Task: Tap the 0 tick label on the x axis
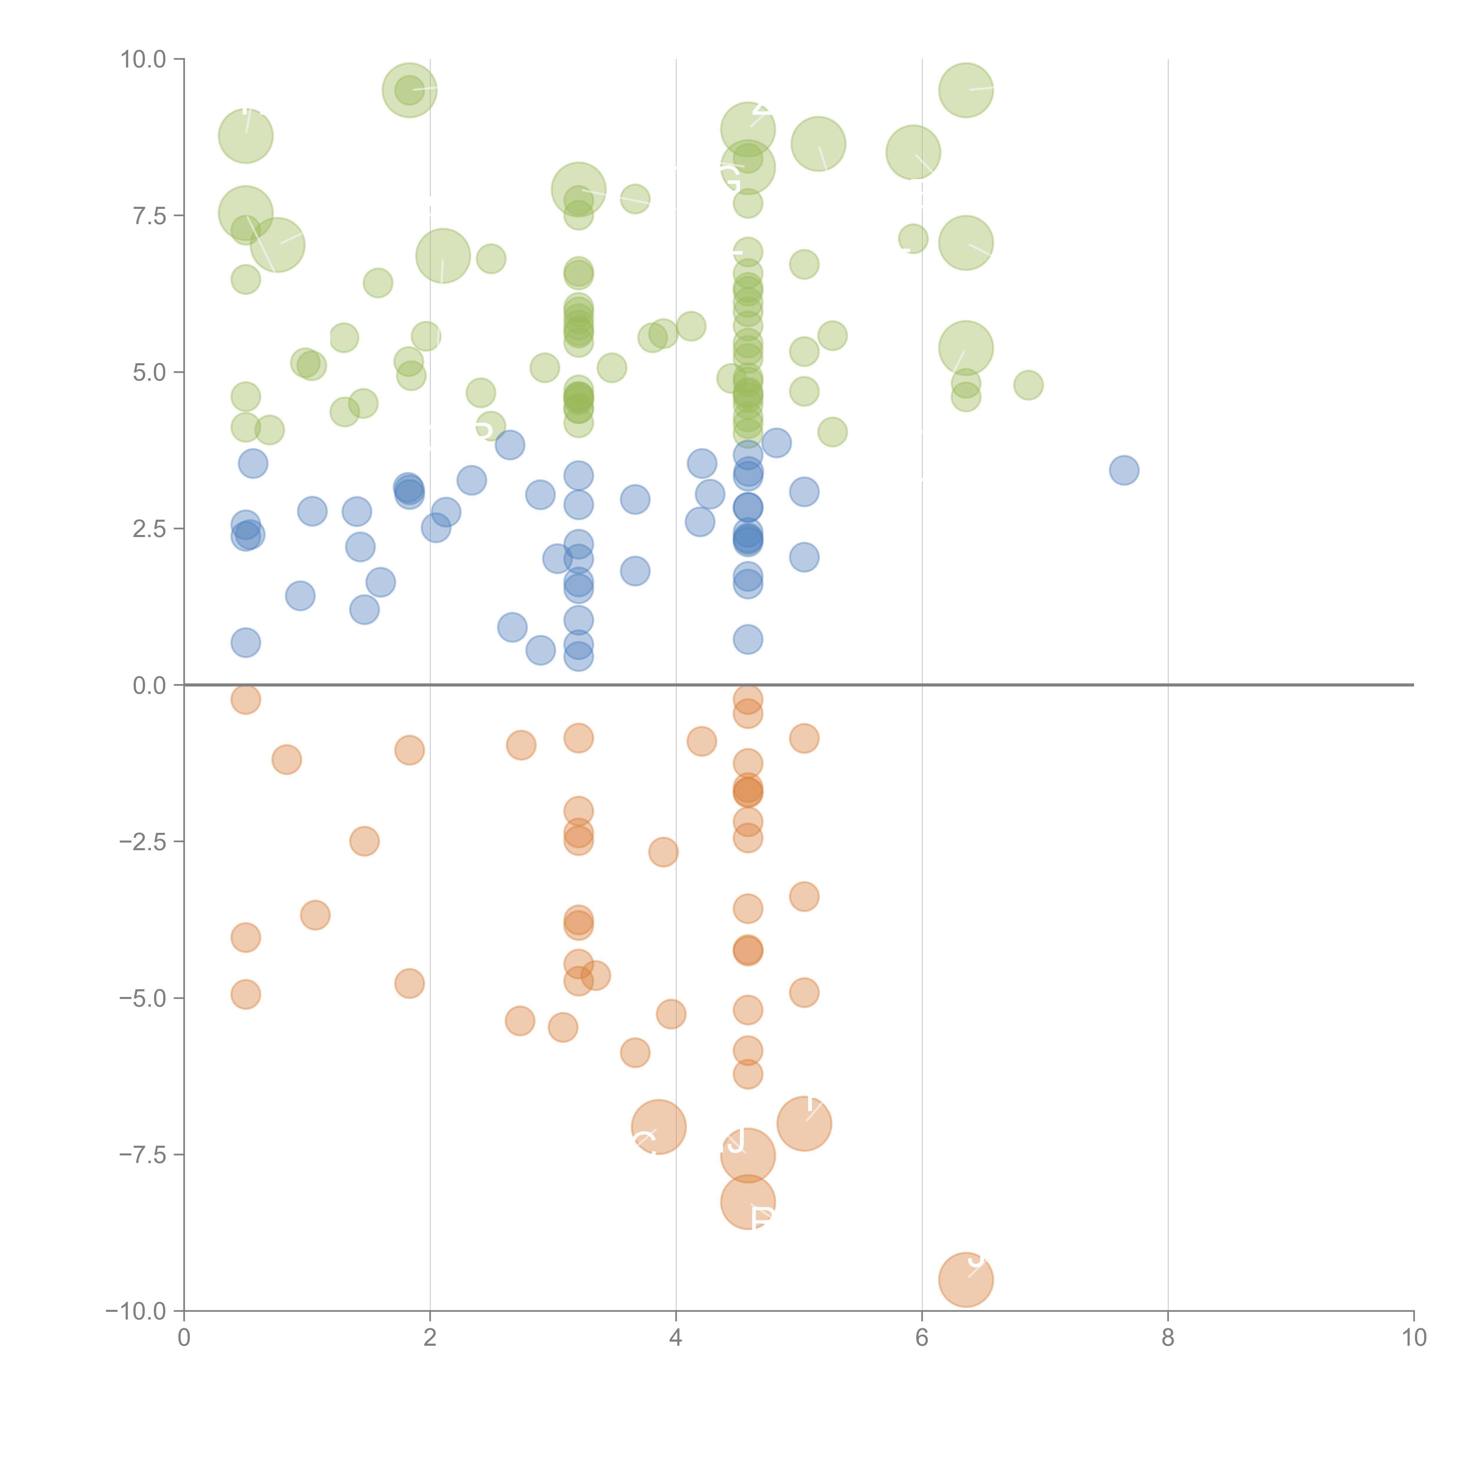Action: click(x=184, y=1338)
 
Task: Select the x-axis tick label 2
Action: click(x=430, y=1338)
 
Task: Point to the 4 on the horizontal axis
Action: click(x=676, y=1338)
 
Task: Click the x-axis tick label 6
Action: click(x=922, y=1338)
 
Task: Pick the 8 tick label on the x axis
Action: click(x=1168, y=1338)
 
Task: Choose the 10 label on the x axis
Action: click(x=1413, y=1338)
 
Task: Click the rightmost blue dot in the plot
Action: click(x=1124, y=470)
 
